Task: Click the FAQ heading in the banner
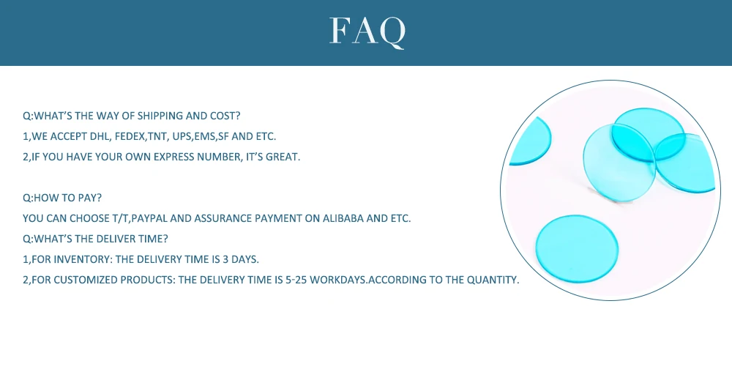click(x=367, y=31)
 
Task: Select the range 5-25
click(x=296, y=280)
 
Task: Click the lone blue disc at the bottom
click(x=577, y=249)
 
